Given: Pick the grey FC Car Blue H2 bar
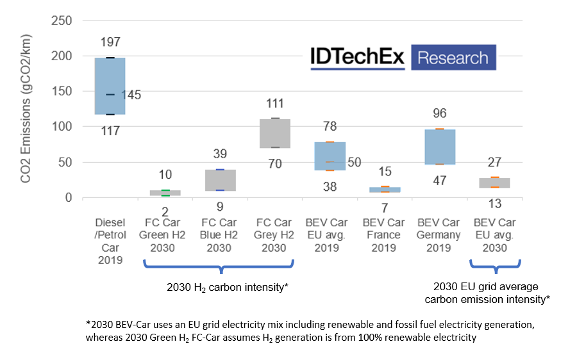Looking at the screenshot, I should (220, 180).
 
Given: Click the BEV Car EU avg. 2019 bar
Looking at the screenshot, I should (330, 156).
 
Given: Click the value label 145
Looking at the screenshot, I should (131, 95).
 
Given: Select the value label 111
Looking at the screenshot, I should (275, 103).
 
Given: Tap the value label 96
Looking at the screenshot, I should (440, 113).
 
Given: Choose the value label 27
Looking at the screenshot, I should (494, 162).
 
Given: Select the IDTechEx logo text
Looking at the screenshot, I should (357, 58).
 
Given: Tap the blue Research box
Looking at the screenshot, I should (453, 58).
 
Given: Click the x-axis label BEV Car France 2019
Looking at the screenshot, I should (384, 235).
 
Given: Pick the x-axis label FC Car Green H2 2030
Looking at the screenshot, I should (165, 235).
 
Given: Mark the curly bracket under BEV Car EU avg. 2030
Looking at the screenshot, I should (494, 266).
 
